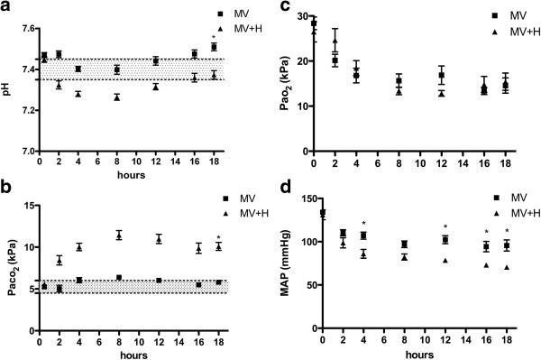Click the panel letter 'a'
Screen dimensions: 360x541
6,8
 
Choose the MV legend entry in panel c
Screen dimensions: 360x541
505,15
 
